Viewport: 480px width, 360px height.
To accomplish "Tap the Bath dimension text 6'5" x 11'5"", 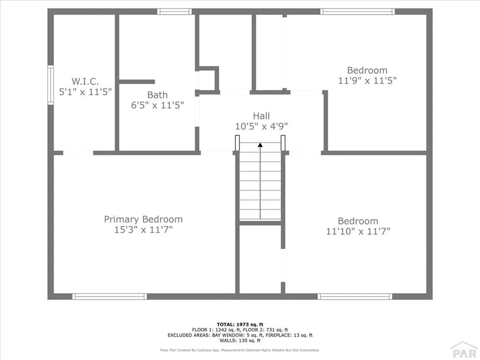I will coord(157,105).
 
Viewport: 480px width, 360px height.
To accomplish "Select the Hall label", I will coord(261,116).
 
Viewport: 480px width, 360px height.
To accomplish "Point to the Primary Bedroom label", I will coord(143,219).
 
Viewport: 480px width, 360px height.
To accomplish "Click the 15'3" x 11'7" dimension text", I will coord(143,230).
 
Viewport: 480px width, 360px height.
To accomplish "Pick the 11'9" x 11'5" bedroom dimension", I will coord(367,80).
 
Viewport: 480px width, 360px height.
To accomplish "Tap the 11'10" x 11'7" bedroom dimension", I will coord(358,231).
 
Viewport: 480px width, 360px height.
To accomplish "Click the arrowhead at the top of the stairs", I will coord(260,145).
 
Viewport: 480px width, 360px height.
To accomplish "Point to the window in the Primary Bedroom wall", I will coord(110,296).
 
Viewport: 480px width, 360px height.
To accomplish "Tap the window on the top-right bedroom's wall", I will coord(357,11).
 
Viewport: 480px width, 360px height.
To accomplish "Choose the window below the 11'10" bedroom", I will coord(355,296).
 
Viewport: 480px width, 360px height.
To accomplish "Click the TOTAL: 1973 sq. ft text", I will coord(240,324).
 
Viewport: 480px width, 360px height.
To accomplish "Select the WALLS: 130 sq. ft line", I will coord(240,340).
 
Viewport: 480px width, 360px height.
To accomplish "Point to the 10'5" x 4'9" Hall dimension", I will coord(261,126).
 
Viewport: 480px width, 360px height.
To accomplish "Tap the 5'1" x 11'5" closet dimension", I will coord(85,92).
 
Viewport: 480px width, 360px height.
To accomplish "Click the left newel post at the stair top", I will coord(237,142).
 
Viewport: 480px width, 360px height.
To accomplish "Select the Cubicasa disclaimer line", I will coord(240,350).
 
